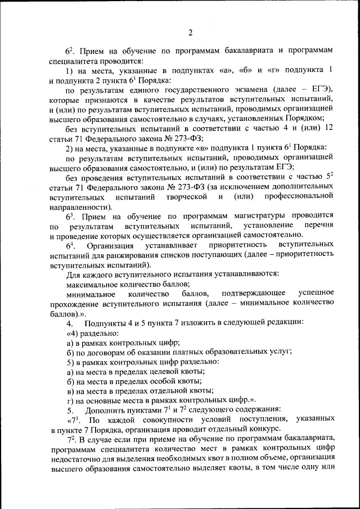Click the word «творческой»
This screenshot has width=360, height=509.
(186, 197)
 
